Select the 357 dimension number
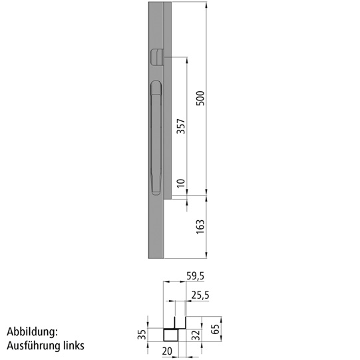(x=180, y=126)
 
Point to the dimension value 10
(x=180, y=182)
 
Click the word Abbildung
(x=33, y=331)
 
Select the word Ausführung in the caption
(x=33, y=346)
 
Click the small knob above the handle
(x=157, y=57)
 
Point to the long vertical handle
(x=156, y=136)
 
